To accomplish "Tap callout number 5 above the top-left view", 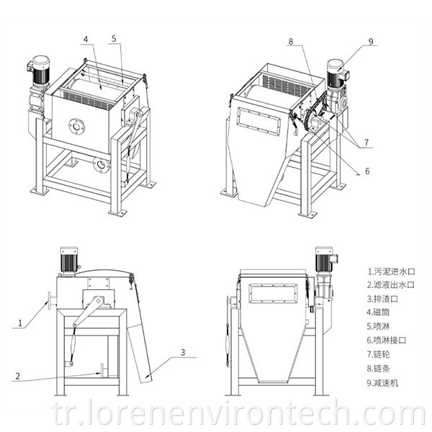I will point(114,37).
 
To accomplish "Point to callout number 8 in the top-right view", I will point(291,42).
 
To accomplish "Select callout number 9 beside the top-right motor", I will point(371,42).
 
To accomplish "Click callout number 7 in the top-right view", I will point(367,143).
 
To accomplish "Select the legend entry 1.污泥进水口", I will point(388,271).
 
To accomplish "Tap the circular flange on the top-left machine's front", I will point(76,127).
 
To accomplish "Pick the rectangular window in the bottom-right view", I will point(273,292).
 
